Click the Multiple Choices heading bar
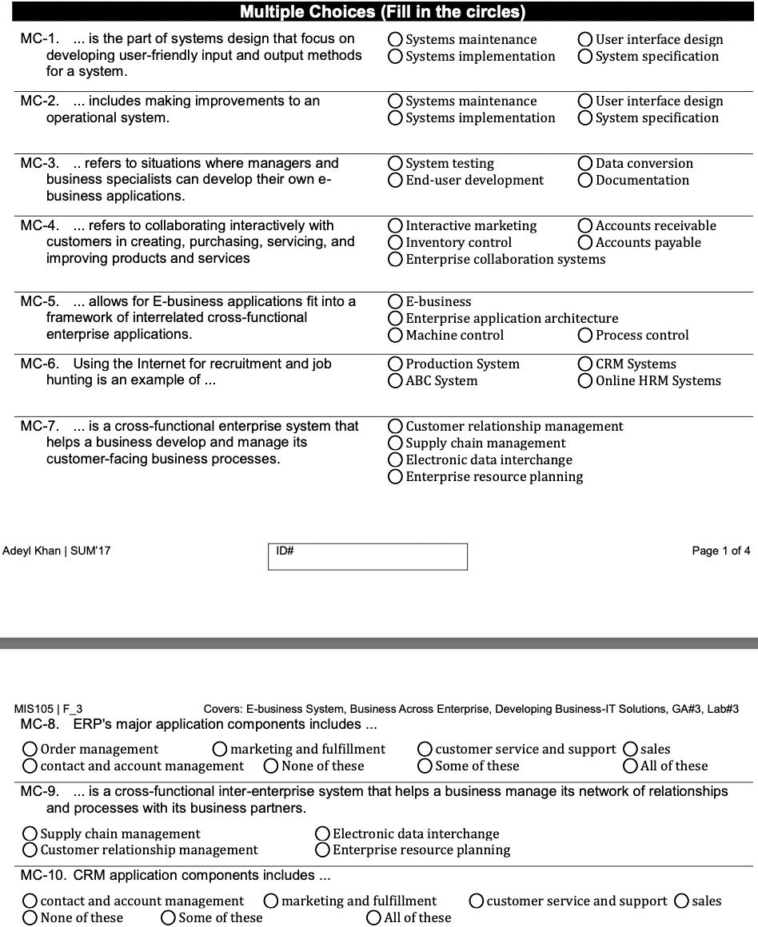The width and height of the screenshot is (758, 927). tap(382, 12)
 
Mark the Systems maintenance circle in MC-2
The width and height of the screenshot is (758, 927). tap(395, 101)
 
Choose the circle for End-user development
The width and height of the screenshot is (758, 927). tap(395, 180)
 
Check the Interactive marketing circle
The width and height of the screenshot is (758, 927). tap(395, 225)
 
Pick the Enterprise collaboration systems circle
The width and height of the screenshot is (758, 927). tap(395, 259)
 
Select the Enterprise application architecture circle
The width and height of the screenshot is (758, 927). tap(395, 318)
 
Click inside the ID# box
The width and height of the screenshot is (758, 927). tap(368, 557)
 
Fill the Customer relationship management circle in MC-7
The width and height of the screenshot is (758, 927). tap(395, 426)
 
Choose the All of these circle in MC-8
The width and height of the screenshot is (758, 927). tap(632, 766)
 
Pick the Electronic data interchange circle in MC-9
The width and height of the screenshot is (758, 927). tap(323, 834)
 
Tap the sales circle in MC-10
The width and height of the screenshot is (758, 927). tap(682, 901)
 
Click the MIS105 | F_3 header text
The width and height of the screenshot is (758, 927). tap(48, 709)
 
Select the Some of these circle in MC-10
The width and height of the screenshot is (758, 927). tap(169, 917)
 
